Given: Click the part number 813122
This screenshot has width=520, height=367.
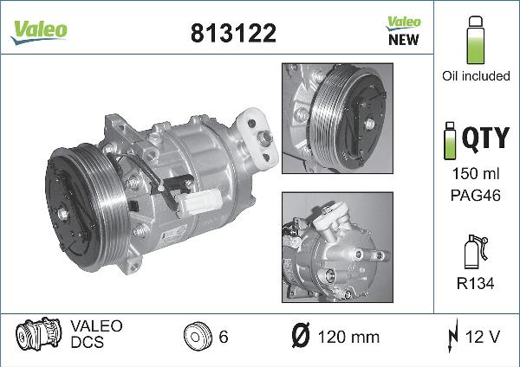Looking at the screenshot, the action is (233, 33).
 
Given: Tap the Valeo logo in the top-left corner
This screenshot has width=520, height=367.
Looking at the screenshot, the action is (39, 32).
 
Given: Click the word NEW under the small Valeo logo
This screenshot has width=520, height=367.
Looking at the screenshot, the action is (404, 40).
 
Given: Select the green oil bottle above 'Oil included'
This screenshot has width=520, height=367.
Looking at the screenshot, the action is (475, 40).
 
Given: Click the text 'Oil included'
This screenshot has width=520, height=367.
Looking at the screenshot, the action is (476, 76).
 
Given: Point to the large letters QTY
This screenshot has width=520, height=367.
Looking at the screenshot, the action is (485, 138).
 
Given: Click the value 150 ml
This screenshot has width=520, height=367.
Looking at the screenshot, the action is (476, 174).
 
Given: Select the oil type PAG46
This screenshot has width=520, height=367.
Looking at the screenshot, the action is (476, 195).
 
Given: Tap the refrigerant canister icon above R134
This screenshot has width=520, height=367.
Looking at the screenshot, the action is (476, 251).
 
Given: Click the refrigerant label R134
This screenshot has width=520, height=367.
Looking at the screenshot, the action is (475, 284).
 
